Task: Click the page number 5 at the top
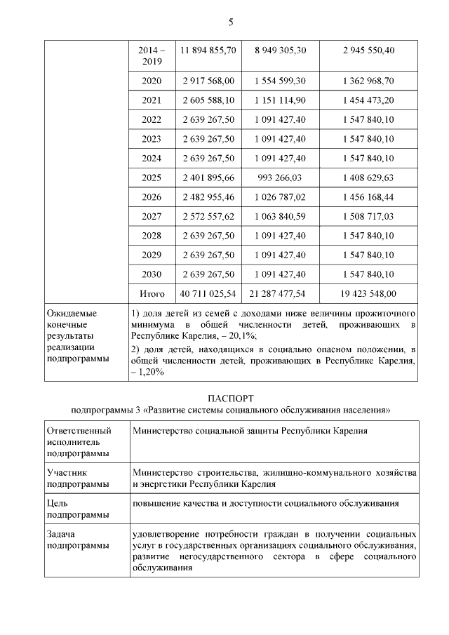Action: [230, 22]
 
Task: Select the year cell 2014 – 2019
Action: [151, 56]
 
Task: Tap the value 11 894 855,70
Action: [208, 51]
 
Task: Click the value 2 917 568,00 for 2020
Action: [208, 81]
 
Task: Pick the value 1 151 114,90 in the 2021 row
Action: [280, 100]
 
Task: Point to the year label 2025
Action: [151, 178]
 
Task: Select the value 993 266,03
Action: [280, 178]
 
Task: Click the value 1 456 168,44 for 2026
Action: [368, 197]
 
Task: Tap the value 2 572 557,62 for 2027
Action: [208, 216]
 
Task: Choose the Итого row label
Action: [152, 293]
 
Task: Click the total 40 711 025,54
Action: [208, 293]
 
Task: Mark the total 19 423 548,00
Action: [368, 293]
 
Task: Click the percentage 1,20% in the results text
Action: [150, 372]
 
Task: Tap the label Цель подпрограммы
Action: [70, 508]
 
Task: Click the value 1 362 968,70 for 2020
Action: [368, 81]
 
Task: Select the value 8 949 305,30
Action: [280, 51]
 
